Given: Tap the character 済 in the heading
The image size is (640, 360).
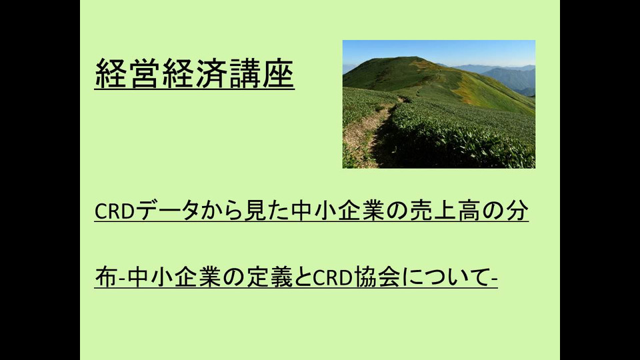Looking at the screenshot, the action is [211, 73].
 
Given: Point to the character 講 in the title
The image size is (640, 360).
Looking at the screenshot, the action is [245, 73].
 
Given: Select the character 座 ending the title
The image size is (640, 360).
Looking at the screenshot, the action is [278, 73].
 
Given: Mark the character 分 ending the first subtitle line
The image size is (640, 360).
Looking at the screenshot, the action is [517, 211].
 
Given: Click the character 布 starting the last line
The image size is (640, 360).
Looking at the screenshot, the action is [106, 277].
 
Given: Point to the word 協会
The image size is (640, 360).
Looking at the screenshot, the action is [377, 277].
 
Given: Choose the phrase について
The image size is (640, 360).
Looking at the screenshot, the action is [445, 277].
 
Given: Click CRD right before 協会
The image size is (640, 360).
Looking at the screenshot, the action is [333, 278].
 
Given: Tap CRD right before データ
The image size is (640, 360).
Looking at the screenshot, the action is [115, 211].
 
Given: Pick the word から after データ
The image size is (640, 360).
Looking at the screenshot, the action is [221, 211].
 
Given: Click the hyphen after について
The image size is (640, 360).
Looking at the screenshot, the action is [495, 280].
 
